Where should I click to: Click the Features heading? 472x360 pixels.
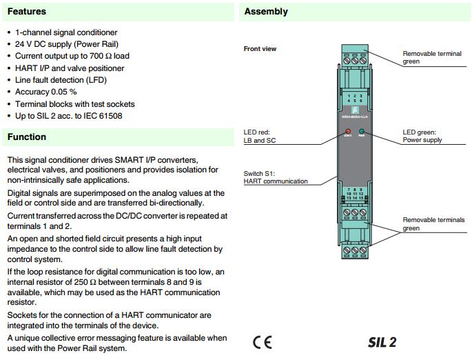(27, 11)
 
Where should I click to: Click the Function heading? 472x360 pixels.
(27, 137)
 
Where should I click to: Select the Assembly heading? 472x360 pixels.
(266, 11)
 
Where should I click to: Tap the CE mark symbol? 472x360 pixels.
(262, 342)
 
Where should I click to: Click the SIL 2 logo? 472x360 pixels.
(382, 342)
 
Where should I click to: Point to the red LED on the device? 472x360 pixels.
(348, 130)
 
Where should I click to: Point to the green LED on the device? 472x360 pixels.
(361, 130)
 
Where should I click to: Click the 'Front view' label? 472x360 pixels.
(260, 49)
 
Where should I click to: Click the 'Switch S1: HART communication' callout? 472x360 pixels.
(276, 177)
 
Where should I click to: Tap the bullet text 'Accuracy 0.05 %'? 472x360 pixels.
(45, 92)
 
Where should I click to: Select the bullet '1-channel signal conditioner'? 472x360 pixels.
(66, 32)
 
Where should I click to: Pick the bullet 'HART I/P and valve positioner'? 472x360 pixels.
(70, 68)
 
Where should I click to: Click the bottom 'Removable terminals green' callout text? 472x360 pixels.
(433, 224)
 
